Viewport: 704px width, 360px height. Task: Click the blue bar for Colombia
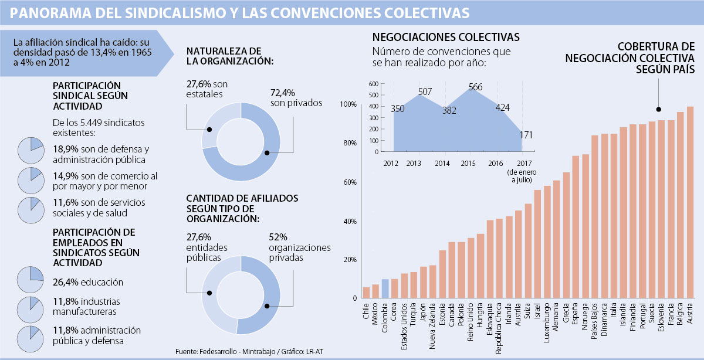385,288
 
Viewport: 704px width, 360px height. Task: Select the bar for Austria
690,202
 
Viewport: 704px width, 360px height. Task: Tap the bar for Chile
366,293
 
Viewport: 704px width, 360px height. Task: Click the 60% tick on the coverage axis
348,182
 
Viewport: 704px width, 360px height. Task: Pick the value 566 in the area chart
476,87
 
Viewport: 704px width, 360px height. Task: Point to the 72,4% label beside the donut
283,93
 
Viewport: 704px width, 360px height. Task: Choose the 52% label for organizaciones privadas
279,237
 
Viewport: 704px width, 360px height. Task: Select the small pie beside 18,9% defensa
31,151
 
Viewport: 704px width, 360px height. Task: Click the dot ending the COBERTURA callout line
658,109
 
